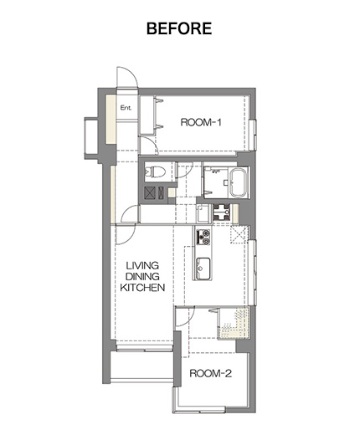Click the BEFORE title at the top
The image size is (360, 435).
[x=179, y=28]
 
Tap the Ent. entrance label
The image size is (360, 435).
[x=126, y=107]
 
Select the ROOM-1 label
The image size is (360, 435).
[x=201, y=122]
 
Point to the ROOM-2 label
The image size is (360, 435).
[x=211, y=373]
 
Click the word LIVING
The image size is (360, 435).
[x=142, y=265]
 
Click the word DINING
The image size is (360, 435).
[x=142, y=276]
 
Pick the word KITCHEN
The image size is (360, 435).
[x=142, y=288]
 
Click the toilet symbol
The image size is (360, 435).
[x=155, y=171]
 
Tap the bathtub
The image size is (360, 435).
[x=239, y=182]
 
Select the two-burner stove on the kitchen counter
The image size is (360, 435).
[x=203, y=237]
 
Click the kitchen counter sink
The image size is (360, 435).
[x=203, y=269]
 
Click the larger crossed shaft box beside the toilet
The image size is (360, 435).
[x=150, y=192]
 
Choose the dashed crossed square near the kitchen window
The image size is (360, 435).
[x=239, y=235]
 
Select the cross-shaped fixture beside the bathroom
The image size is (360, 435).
[x=222, y=212]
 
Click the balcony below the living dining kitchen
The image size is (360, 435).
[x=141, y=365]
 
